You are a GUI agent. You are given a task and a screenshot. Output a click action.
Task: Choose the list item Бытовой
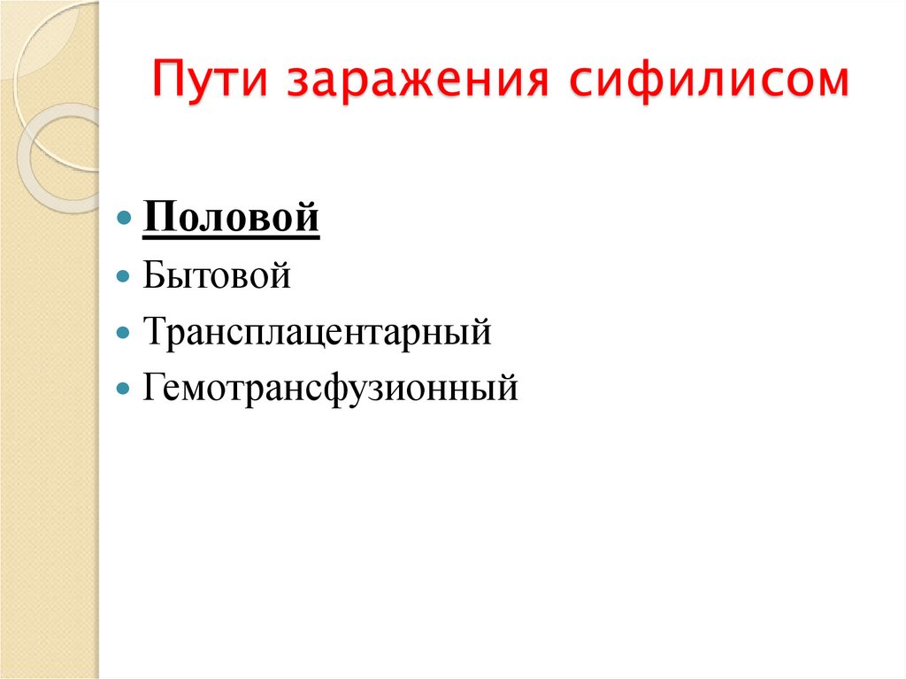click(x=216, y=275)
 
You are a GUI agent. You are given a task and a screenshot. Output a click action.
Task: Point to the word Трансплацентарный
click(x=316, y=333)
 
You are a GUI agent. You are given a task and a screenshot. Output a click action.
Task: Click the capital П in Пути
click(x=169, y=81)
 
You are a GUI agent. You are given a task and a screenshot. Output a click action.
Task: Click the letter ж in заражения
click(x=424, y=83)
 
